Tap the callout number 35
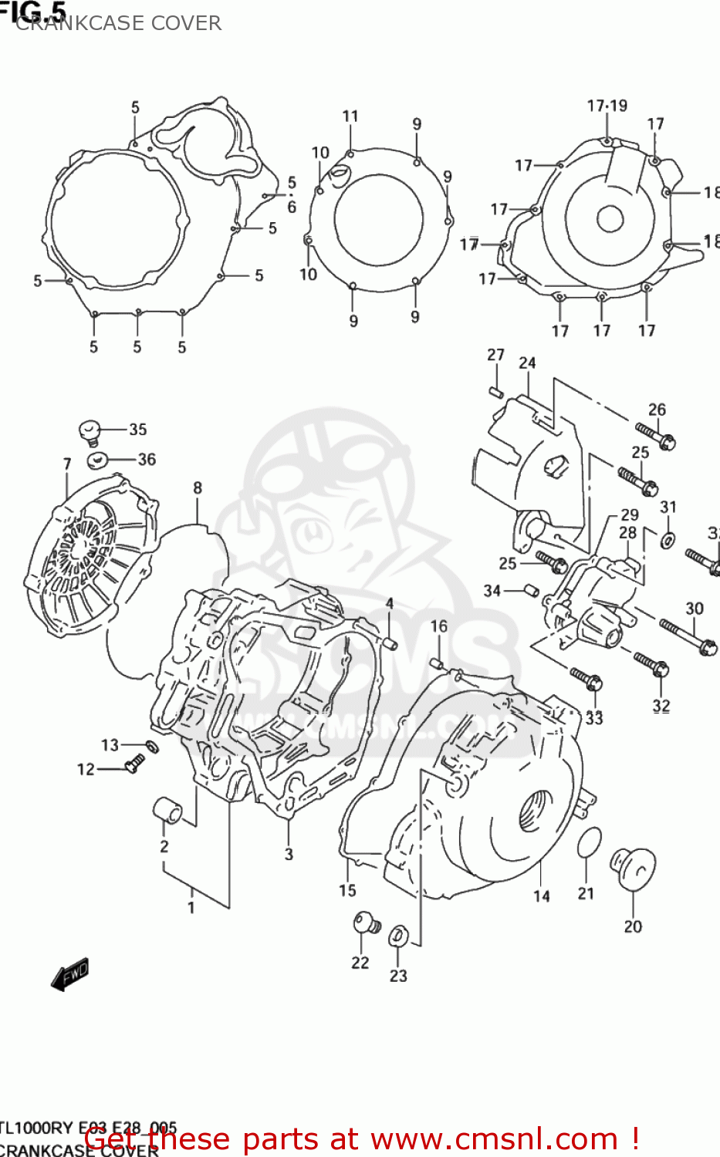[x=137, y=430]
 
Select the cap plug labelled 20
[x=633, y=869]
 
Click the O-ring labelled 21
[x=589, y=844]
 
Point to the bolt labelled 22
[x=365, y=923]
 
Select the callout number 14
[x=542, y=896]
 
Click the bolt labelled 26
[x=656, y=436]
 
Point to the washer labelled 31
[x=667, y=539]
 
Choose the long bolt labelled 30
[x=687, y=637]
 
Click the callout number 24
[x=527, y=363]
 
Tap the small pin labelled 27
[x=496, y=390]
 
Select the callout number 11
[x=350, y=116]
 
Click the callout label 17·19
[x=607, y=106]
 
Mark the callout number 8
[x=198, y=487]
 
